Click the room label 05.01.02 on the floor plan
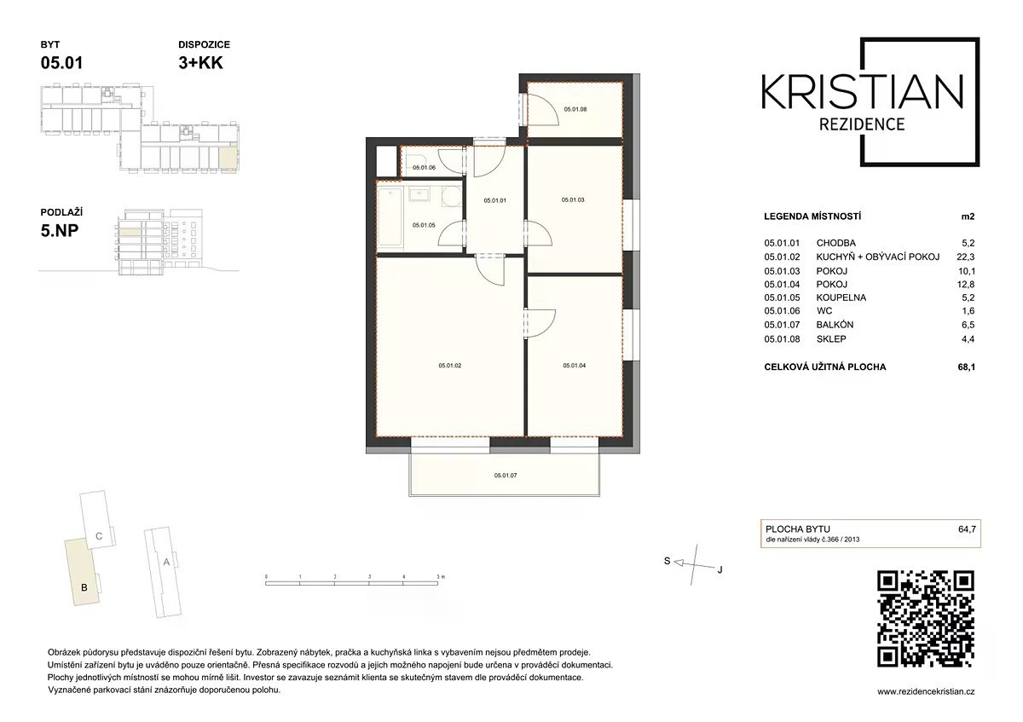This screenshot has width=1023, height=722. click(x=450, y=366)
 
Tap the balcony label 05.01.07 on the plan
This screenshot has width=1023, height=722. click(x=506, y=476)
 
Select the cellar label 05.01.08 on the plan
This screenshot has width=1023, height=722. click(x=575, y=109)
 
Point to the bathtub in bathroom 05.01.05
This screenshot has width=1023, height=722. click(x=390, y=217)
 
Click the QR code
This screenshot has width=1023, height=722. click(x=926, y=618)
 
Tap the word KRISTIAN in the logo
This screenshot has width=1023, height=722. click(x=862, y=93)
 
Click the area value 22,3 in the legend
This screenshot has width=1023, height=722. click(x=965, y=257)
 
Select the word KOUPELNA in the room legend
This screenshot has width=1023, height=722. click(x=841, y=297)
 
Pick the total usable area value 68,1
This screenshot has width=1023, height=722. click(x=967, y=367)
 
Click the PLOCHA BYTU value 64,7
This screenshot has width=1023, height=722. click(x=967, y=529)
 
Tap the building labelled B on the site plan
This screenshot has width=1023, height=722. click(x=82, y=572)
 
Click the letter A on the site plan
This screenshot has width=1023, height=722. click(x=166, y=562)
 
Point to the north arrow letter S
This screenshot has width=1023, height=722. click(x=668, y=561)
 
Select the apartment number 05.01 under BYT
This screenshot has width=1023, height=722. click(x=61, y=62)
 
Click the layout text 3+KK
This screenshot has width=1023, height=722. click(x=200, y=62)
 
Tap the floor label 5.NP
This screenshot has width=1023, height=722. click(x=60, y=231)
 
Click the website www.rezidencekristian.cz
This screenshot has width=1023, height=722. click(x=926, y=691)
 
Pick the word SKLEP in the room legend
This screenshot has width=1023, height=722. click(x=831, y=339)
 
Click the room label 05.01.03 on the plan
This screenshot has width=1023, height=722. click(x=573, y=199)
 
